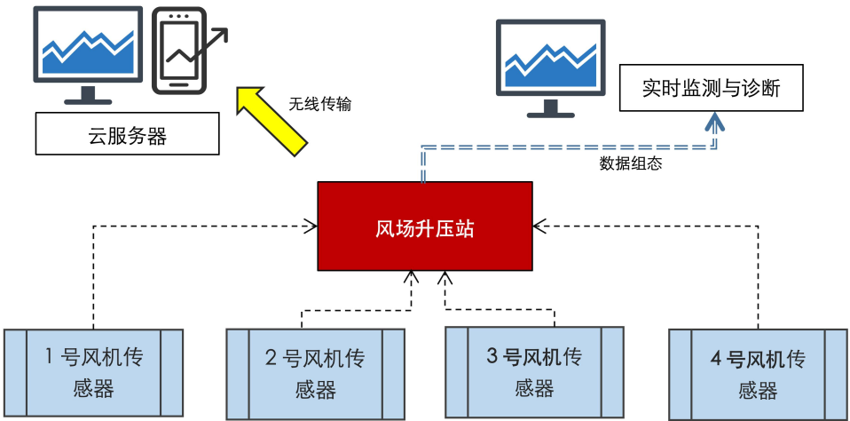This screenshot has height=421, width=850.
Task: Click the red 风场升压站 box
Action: (x=425, y=226)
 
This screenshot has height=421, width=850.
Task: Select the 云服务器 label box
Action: (x=127, y=136)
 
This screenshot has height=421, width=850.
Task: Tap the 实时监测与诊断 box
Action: (x=712, y=88)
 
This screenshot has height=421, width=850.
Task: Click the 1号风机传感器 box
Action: (x=93, y=372)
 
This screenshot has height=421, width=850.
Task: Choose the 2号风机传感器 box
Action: (x=315, y=374)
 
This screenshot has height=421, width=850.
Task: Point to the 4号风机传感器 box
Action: (x=758, y=374)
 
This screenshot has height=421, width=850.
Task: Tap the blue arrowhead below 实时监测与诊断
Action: (x=714, y=122)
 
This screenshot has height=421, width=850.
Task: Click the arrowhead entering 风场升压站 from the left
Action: (x=311, y=226)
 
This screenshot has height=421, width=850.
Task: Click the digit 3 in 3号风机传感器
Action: (x=493, y=358)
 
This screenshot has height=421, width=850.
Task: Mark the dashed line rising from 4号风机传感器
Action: (x=758, y=275)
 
